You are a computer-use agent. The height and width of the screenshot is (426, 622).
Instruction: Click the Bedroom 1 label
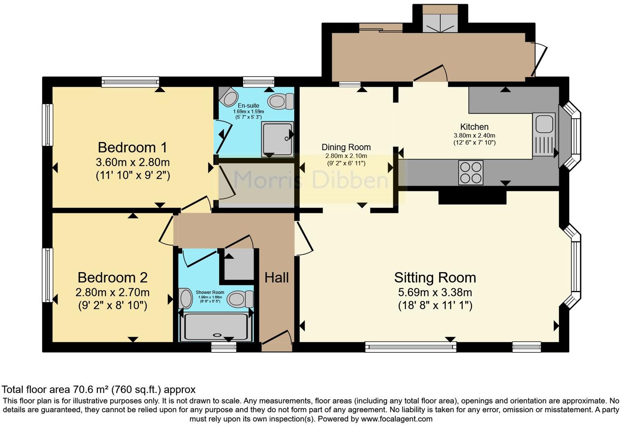point(133,147)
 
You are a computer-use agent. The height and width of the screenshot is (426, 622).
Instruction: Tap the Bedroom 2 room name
point(113,277)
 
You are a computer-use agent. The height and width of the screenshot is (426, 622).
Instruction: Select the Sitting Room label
point(435,277)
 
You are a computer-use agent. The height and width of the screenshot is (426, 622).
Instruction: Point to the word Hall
point(277,277)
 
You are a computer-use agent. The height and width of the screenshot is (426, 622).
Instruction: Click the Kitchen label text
point(474,127)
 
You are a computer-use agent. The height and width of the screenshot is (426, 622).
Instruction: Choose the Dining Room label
point(346,147)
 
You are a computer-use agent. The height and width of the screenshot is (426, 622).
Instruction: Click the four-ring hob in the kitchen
point(471,173)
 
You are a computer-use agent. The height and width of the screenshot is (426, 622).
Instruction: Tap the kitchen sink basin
point(544,124)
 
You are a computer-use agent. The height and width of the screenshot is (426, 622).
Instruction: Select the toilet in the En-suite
point(281,101)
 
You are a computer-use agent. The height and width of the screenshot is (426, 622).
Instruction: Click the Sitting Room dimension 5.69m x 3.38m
point(435,292)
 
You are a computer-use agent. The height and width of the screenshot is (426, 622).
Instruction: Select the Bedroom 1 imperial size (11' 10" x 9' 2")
point(133,176)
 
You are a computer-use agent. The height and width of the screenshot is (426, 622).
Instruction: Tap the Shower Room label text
point(210,293)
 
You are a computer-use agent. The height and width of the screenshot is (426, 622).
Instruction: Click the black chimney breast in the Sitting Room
point(472,197)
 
